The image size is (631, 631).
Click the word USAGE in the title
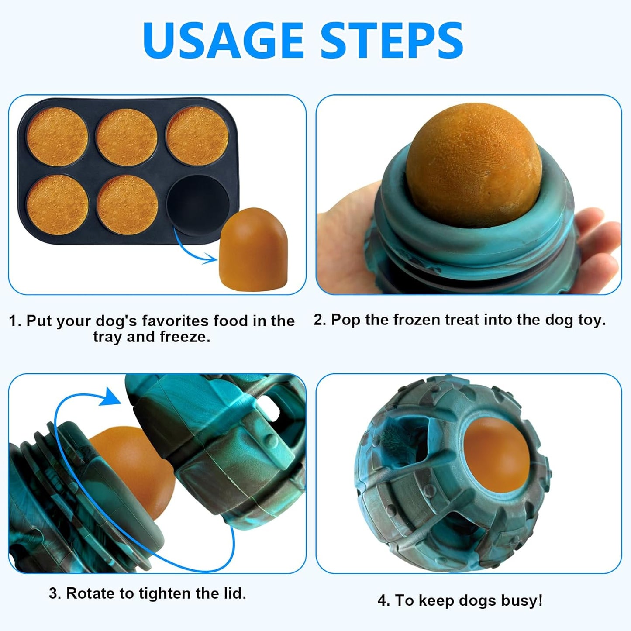click(x=223, y=40)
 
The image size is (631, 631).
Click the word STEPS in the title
click(x=392, y=40)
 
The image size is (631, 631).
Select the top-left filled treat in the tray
click(x=57, y=137)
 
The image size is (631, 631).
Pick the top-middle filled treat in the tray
click(x=127, y=137)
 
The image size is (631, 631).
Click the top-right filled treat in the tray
click(x=197, y=135)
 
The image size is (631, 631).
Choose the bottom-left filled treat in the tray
click(x=58, y=204)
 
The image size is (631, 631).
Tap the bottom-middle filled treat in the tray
click(x=128, y=204)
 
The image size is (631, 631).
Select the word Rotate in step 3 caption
click(x=90, y=593)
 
